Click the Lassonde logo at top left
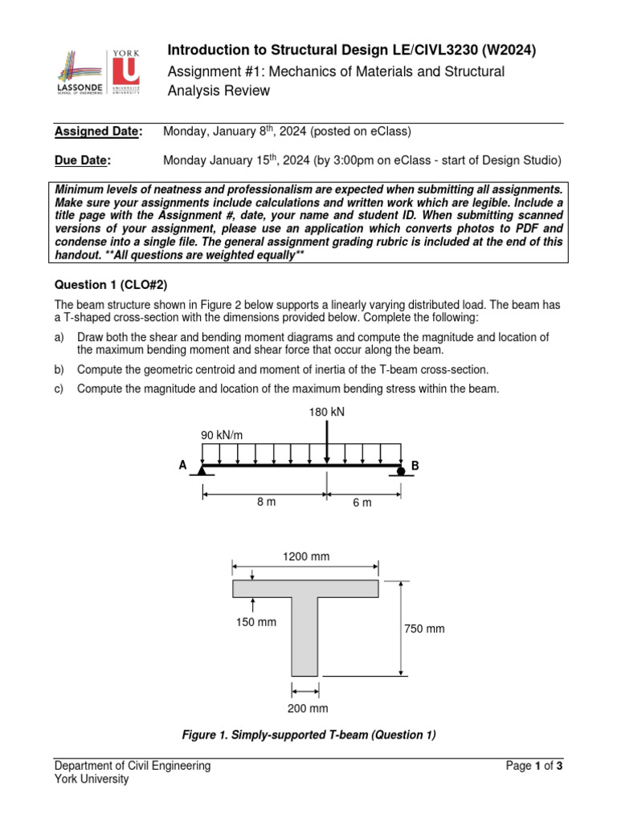79,71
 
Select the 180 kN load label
326,412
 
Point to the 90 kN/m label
222,435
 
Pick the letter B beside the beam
415,466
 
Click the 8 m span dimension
266,502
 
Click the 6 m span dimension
362,503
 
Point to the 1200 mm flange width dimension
305,556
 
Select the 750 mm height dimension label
424,629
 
